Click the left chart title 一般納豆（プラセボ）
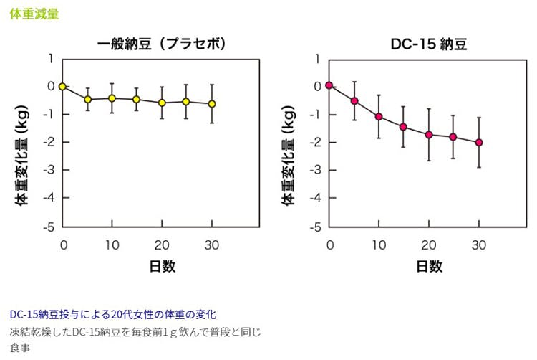pos(162,44)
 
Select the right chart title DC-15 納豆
pos(429,44)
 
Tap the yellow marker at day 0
pos(62,86)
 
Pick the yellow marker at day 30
pos(211,104)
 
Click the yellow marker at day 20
pos(162,103)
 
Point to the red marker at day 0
pos(329,85)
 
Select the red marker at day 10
pos(379,116)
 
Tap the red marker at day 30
pos(478,142)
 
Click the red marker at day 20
pos(429,135)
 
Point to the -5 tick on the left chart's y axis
pos(49,227)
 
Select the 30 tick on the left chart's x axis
pos(211,245)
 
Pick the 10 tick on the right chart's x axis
pos(379,245)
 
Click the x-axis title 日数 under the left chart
pos(162,266)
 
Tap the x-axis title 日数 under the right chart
pos(429,266)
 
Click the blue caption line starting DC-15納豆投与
pos(113,314)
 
